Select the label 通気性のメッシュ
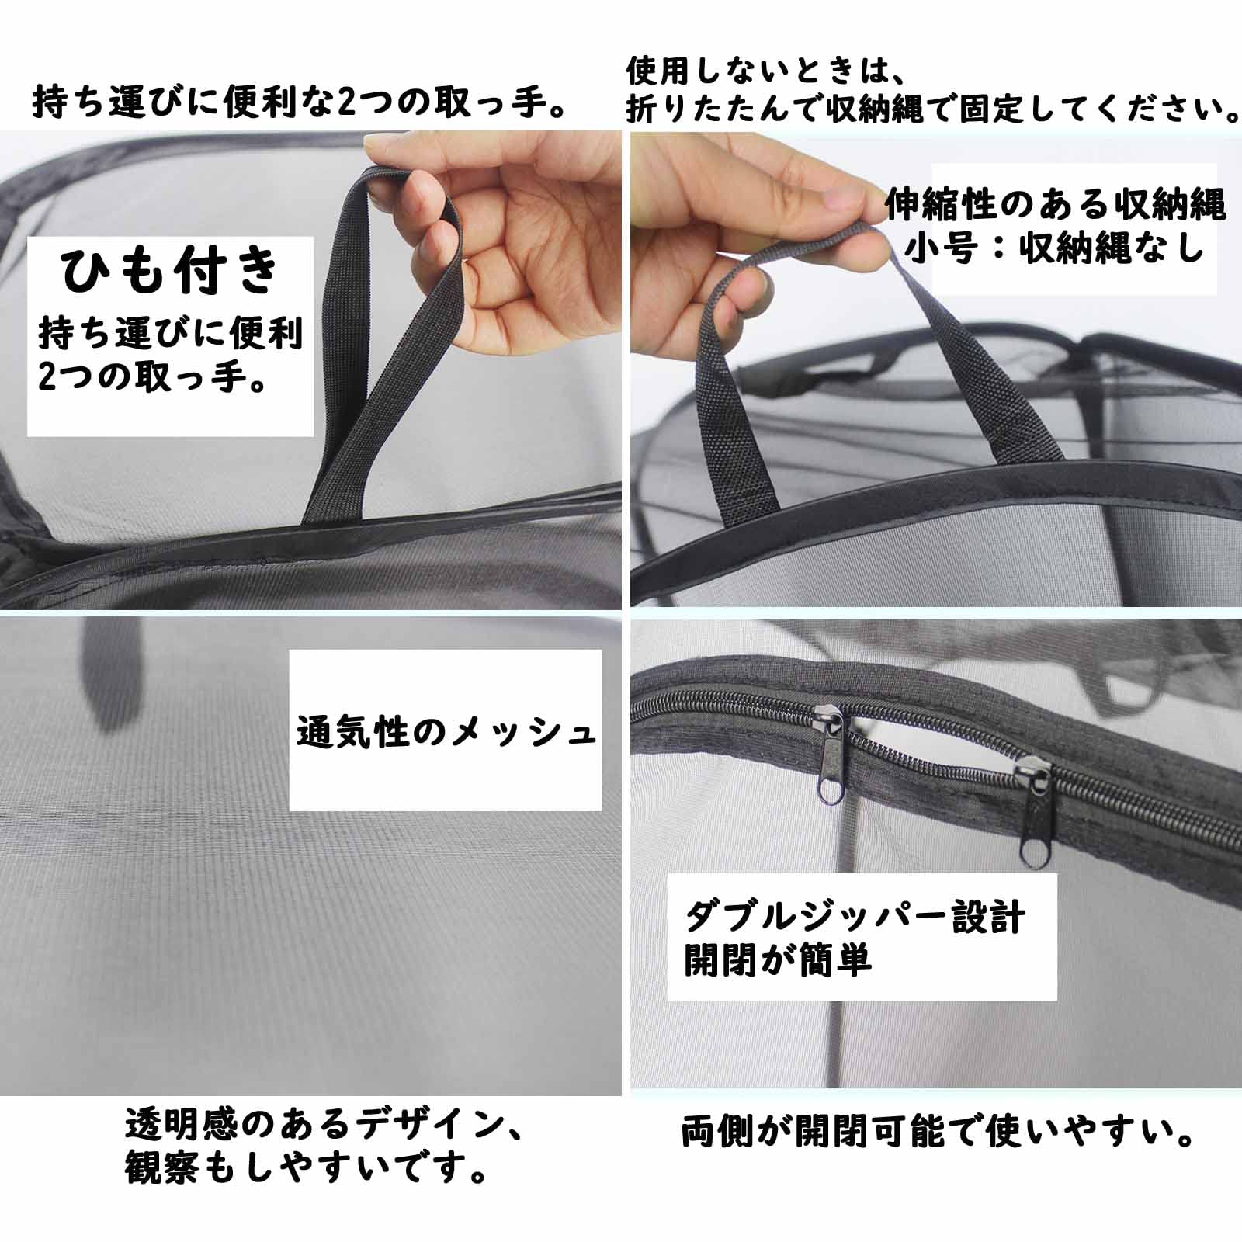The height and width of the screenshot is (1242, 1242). click(x=446, y=732)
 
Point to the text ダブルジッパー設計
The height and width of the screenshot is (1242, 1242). click(x=855, y=918)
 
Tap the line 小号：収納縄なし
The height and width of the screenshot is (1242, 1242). click(x=1054, y=248)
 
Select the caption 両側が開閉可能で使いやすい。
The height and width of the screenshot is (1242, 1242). click(x=937, y=1133)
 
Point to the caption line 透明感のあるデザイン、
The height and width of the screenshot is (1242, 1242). click(x=324, y=1123)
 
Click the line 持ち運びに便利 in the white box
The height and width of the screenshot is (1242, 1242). click(x=170, y=333)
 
